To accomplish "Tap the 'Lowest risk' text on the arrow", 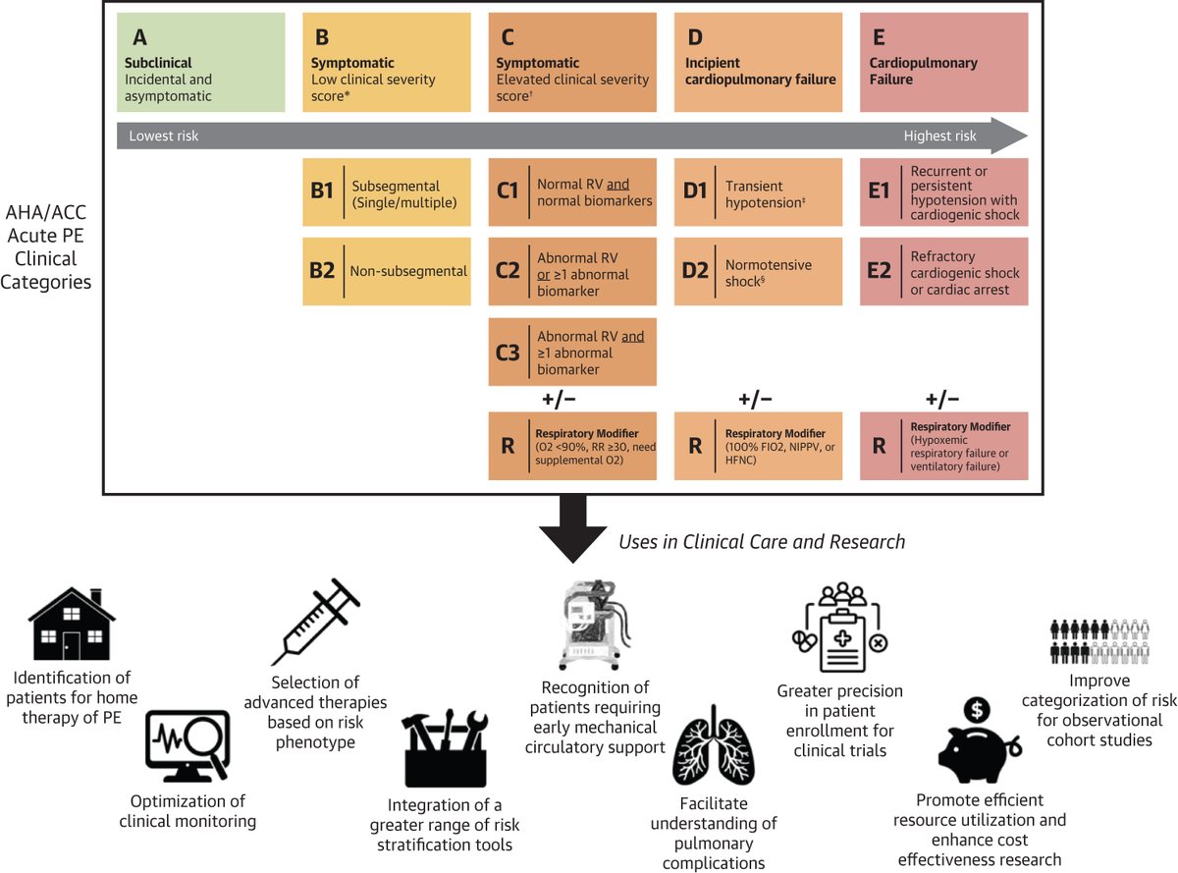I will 164,136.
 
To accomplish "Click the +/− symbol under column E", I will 942,398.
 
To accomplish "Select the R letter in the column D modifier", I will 694,446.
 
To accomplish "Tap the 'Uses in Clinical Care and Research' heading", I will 761,541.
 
